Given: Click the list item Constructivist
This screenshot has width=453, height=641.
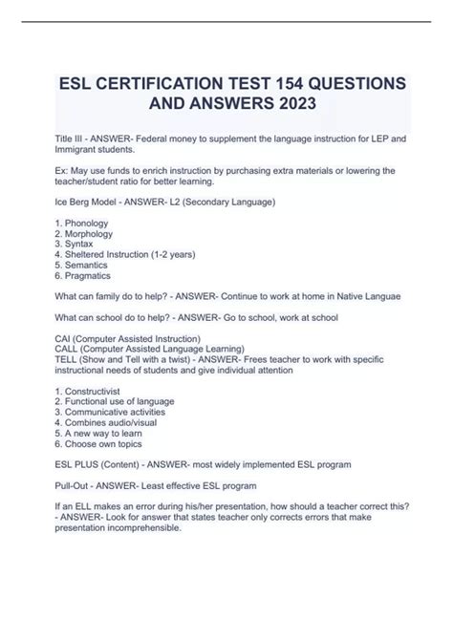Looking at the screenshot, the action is coord(93,413).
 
